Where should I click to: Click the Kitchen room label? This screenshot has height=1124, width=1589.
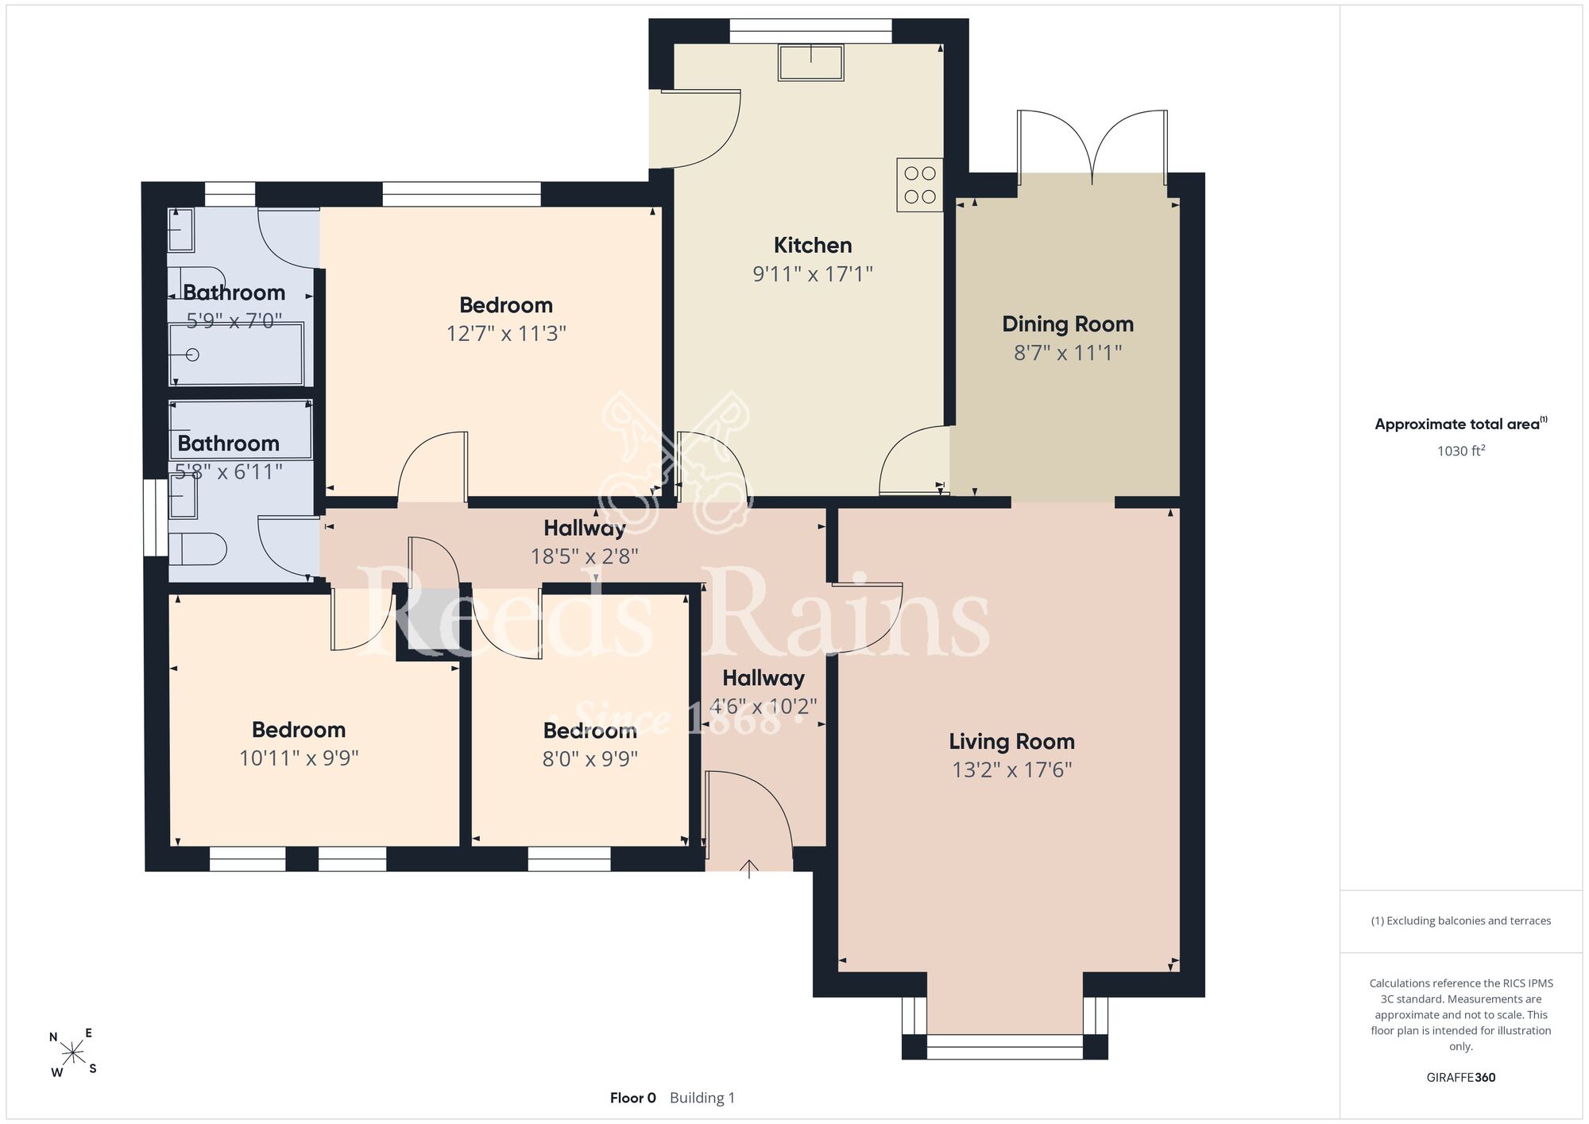813,245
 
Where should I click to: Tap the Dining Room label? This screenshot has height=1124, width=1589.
1068,324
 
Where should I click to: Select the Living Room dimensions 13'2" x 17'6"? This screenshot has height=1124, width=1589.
1012,769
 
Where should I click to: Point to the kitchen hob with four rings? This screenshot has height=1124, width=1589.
920,184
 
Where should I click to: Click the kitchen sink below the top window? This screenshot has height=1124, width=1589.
811,63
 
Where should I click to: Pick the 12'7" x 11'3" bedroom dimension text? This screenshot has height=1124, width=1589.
506,333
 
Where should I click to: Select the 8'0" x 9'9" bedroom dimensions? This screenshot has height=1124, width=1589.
590,759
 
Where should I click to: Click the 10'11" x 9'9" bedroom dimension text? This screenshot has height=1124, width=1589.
299,758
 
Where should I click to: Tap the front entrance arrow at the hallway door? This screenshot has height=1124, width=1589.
749,869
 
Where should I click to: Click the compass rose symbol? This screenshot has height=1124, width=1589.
73,1053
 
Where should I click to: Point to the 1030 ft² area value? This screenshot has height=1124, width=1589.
1461,451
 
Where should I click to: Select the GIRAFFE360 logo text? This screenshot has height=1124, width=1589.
1461,1078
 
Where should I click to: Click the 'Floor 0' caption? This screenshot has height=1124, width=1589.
633,1098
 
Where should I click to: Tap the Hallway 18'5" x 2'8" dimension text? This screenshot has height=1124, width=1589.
585,556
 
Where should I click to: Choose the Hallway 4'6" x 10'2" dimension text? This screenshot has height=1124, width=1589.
764,706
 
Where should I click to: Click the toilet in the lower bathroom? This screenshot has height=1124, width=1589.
198,548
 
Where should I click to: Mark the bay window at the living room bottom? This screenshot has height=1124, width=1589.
1005,1047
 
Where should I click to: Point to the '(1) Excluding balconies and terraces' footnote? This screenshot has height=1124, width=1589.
1461,921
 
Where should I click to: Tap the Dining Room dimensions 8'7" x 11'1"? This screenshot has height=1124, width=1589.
1068,353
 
